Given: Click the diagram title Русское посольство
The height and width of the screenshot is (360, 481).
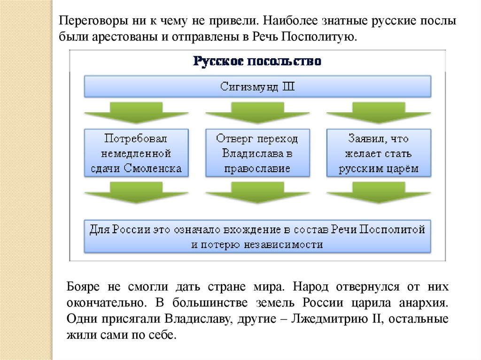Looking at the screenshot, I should point(257,61).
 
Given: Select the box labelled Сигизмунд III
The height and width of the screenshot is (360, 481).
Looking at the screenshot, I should point(257,86).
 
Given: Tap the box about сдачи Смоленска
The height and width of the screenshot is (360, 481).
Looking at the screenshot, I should point(136,153).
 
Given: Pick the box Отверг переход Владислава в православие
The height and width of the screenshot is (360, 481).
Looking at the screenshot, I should point(257,153).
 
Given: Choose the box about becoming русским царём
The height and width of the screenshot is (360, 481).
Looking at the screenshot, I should point(379,153).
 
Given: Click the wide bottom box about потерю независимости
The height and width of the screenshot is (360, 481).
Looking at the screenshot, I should point(257,237).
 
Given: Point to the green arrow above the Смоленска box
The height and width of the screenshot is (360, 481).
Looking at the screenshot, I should point(136,114).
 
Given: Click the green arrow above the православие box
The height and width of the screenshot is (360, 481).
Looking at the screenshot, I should point(257,114).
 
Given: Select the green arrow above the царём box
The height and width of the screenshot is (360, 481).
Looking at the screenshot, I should point(379,114).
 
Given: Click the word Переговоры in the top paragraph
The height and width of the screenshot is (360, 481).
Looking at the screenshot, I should point(89,22).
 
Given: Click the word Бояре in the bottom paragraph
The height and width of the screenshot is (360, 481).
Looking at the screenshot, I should point(82,286).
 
